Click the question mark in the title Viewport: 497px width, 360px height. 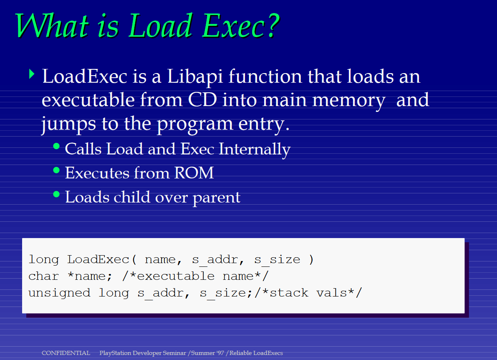[x=272, y=26]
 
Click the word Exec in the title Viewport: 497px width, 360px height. [x=233, y=26]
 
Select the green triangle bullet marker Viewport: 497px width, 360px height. [x=31, y=74]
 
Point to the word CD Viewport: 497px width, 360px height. [x=202, y=99]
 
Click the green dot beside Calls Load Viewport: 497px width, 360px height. [x=56, y=146]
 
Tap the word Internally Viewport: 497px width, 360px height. [x=255, y=150]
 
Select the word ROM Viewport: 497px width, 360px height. [x=194, y=173]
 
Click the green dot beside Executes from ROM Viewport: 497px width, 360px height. [x=56, y=170]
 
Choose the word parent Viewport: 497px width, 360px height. [x=217, y=198]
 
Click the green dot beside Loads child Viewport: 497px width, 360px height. [x=56, y=194]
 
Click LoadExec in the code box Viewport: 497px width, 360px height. [x=98, y=259]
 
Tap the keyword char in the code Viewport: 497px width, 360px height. [x=43, y=276]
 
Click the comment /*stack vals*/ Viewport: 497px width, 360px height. [x=308, y=292]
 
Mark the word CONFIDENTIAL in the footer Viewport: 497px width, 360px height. [x=66, y=353]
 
